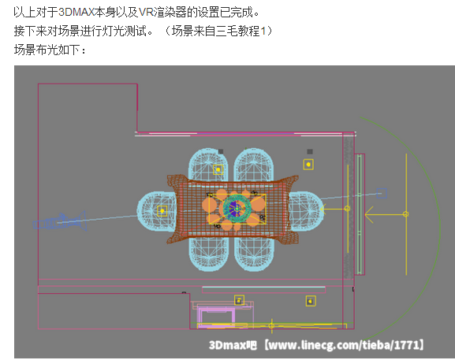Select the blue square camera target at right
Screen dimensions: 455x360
point(382,193)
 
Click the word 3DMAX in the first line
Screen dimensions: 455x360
point(76,12)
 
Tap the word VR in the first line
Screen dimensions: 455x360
point(146,12)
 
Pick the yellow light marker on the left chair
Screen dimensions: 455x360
point(162,211)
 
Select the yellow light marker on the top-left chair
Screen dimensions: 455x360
point(218,169)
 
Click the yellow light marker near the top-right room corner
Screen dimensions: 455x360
point(308,165)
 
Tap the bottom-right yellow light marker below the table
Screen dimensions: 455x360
point(311,301)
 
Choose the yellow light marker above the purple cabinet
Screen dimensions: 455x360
point(239,301)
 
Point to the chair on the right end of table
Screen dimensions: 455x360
point(304,211)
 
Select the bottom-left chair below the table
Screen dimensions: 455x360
point(208,254)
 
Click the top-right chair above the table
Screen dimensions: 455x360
point(254,164)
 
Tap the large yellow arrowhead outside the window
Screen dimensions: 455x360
point(369,214)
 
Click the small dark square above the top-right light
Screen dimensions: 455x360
point(310,151)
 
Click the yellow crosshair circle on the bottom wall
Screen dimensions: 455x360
point(271,325)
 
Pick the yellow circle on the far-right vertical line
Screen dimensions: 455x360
point(405,214)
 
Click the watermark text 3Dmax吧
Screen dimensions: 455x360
point(233,345)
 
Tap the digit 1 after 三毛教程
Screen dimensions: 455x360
point(263,31)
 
